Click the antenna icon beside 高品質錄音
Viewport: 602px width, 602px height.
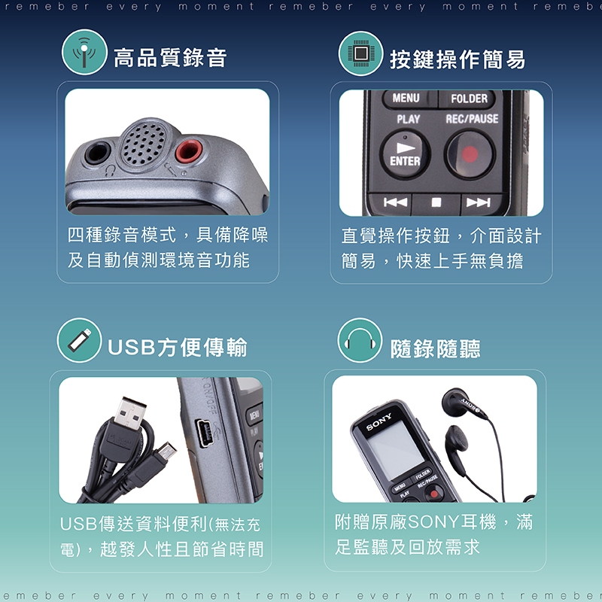[84, 52]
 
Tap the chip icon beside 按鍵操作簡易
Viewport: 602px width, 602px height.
[361, 53]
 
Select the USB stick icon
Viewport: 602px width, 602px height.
[80, 340]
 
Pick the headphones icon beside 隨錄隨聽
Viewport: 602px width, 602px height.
[360, 340]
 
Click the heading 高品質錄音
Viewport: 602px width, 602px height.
[170, 58]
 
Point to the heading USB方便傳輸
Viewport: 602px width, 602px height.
[178, 347]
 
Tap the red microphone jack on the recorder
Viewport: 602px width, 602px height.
[189, 151]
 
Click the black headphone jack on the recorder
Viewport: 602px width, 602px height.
[98, 152]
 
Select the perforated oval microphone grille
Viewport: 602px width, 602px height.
[143, 144]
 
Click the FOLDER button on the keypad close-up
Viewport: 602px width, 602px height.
[469, 99]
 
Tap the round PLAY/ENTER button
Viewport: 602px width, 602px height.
[405, 154]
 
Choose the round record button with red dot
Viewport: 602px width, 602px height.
[470, 154]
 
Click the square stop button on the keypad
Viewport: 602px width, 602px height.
[436, 202]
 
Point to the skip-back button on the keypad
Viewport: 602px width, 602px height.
[394, 202]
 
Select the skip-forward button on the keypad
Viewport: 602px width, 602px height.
[479, 202]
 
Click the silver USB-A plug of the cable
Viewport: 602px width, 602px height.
[130, 413]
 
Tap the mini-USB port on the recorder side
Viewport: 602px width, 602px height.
[204, 433]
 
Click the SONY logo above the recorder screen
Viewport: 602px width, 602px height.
[379, 421]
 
